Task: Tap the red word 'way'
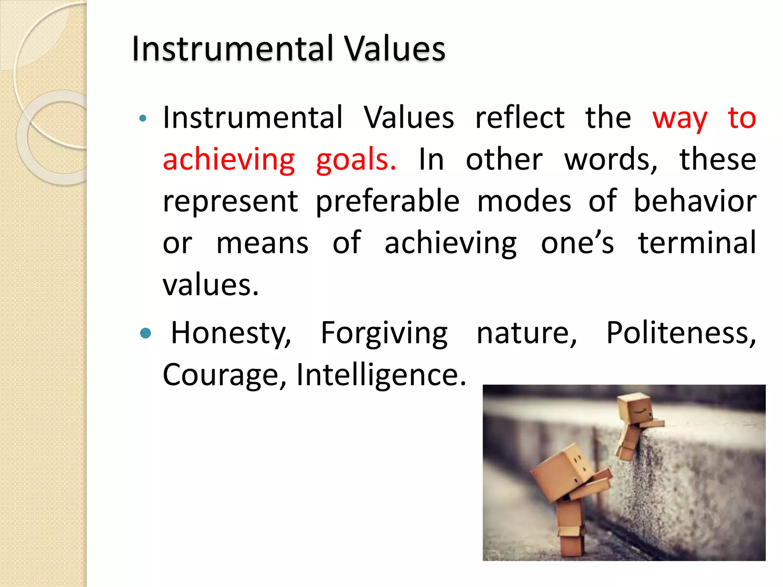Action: click(x=679, y=118)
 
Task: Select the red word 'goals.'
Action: click(x=356, y=160)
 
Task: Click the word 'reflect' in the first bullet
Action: click(x=520, y=118)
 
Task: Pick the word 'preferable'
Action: click(x=387, y=202)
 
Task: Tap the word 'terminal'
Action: click(x=697, y=243)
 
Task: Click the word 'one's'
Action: click(x=577, y=243)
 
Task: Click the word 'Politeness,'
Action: click(x=681, y=333)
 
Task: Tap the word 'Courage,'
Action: click(x=224, y=375)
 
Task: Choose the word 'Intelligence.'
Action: click(x=381, y=375)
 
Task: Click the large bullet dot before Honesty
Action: click(x=146, y=334)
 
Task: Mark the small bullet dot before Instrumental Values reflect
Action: click(x=143, y=118)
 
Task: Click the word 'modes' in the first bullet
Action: click(x=524, y=201)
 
